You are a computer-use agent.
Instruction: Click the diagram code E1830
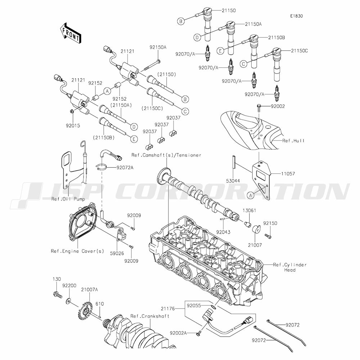click(296, 16)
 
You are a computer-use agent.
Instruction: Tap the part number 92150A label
click(158, 47)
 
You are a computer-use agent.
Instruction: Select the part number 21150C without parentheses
click(299, 51)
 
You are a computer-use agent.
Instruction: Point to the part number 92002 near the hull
click(278, 106)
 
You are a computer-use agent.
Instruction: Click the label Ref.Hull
click(293, 140)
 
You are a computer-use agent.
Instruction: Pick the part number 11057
click(288, 174)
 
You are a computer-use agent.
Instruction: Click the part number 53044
click(233, 181)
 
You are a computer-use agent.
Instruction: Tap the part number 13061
click(249, 210)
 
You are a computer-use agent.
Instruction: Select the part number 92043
click(223, 232)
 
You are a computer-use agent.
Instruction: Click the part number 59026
click(117, 253)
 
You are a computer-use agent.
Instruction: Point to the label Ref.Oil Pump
click(68, 199)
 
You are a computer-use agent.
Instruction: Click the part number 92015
click(73, 126)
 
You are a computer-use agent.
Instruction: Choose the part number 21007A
click(89, 290)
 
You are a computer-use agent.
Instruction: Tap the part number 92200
click(69, 285)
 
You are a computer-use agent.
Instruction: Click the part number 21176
click(168, 309)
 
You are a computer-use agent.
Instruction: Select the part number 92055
click(194, 306)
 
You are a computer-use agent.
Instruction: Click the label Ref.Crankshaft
click(150, 316)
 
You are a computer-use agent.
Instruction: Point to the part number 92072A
click(125, 168)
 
